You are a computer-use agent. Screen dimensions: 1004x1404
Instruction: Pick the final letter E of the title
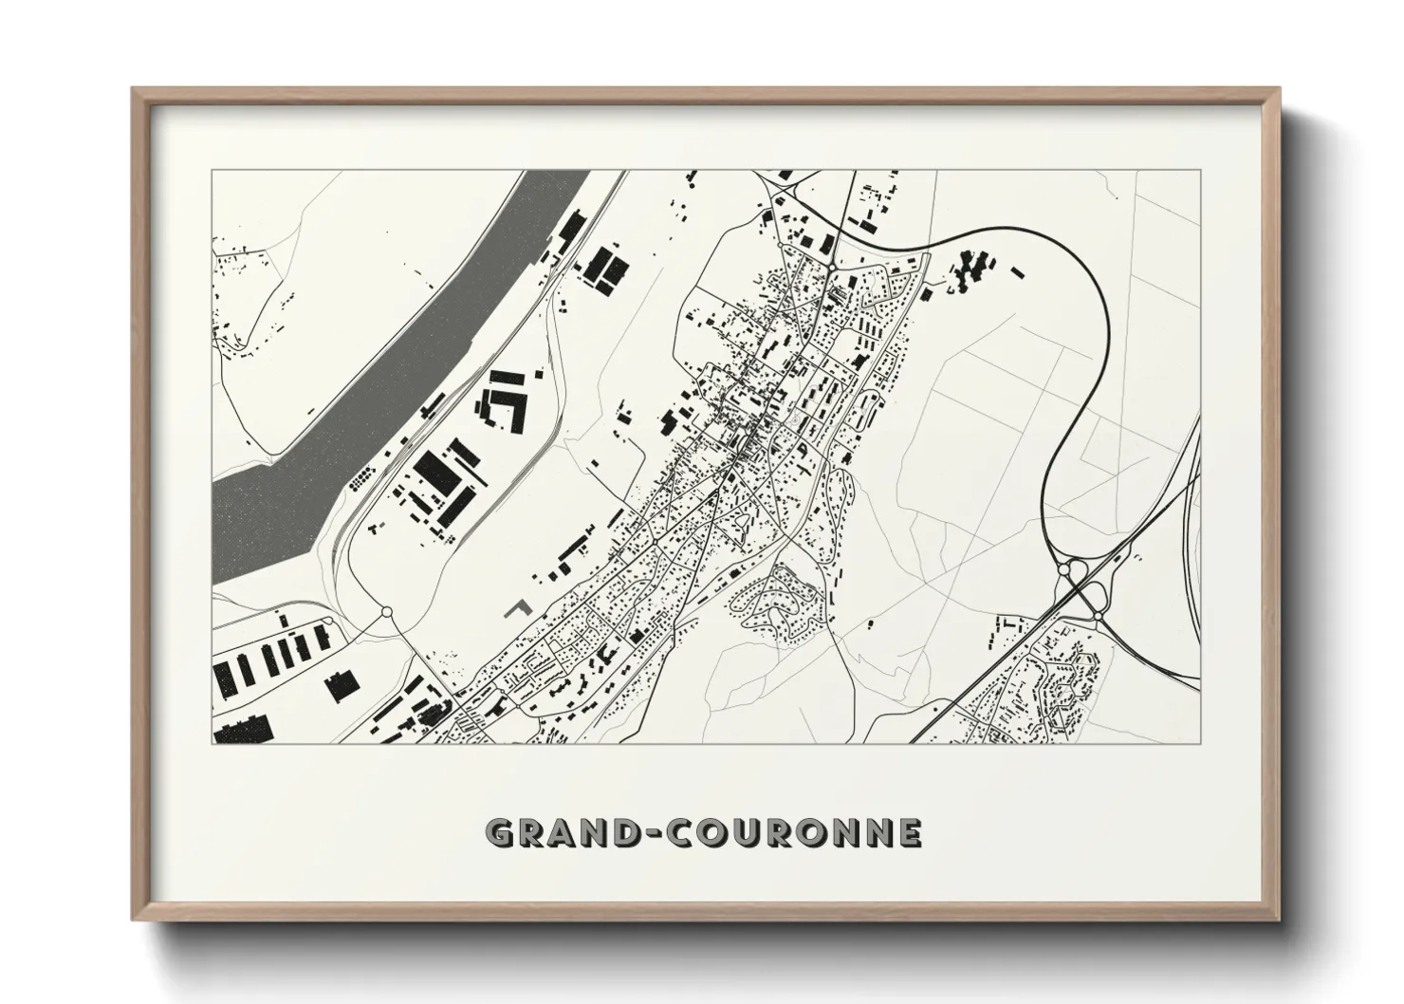[910, 833]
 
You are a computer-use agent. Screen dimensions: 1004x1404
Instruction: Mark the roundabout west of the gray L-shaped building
[386, 612]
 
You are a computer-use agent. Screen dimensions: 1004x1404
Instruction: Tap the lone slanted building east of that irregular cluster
[1020, 272]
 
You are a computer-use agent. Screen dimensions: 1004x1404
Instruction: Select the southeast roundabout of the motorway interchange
[1098, 617]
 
